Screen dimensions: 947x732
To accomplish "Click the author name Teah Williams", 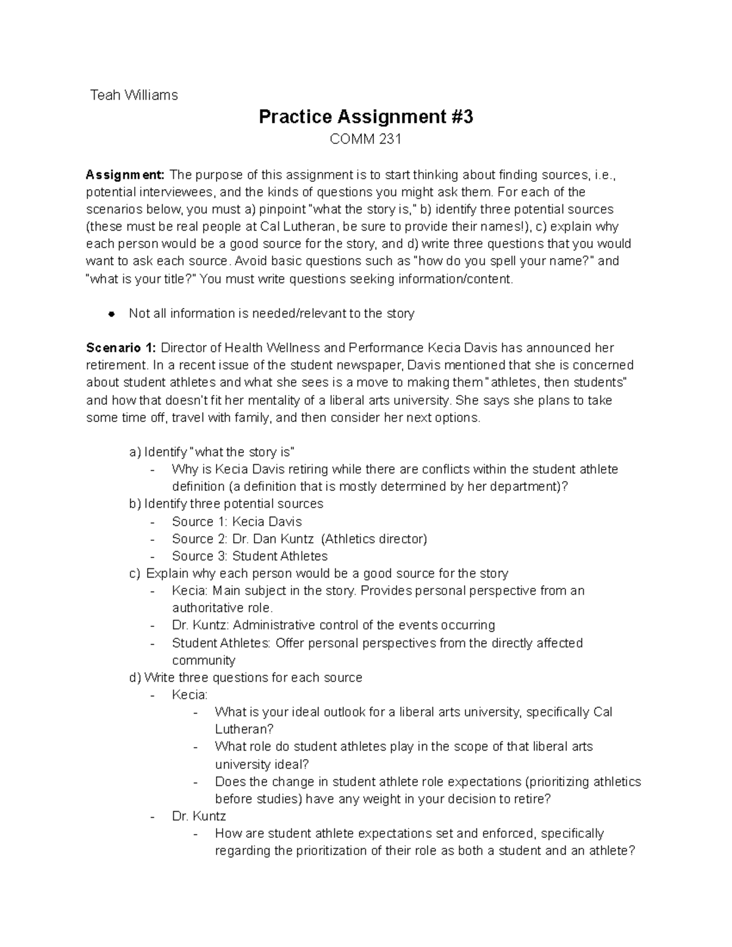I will [x=134, y=95].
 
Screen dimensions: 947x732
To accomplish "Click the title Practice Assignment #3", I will [x=365, y=116].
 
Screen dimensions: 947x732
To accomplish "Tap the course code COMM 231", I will [x=365, y=140].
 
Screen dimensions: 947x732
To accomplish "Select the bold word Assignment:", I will [x=125, y=175].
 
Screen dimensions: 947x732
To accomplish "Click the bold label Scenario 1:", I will [x=121, y=348].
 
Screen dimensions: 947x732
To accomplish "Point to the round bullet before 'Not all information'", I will [x=111, y=314].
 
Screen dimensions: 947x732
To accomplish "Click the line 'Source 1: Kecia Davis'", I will [x=237, y=522].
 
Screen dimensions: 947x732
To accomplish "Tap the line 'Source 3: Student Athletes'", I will [x=249, y=556].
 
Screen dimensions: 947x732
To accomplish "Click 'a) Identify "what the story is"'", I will [x=212, y=452].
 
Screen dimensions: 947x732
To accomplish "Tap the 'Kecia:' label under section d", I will [x=190, y=695].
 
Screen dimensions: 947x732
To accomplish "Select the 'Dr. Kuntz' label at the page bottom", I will [x=199, y=817].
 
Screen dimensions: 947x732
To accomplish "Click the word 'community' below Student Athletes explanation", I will [x=203, y=660].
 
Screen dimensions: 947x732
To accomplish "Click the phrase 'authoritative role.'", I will [x=223, y=608].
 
